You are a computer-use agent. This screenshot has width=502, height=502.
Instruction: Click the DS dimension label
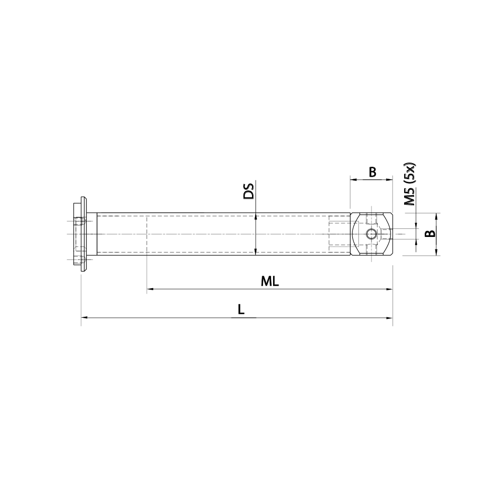(x=248, y=192)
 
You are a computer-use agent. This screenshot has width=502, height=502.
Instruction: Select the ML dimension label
(x=270, y=282)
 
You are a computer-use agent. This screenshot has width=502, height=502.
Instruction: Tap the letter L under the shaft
(x=241, y=310)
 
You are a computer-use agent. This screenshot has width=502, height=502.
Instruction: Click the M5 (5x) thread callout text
(x=410, y=185)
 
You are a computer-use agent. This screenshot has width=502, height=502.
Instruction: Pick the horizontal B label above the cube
(x=372, y=172)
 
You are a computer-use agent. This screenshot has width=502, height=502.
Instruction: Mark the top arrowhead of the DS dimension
(x=256, y=216)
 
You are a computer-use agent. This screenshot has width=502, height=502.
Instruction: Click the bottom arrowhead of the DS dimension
(x=256, y=252)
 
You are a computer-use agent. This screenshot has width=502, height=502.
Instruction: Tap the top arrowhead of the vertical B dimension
(x=436, y=216)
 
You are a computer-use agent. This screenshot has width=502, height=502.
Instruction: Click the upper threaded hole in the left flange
(x=78, y=221)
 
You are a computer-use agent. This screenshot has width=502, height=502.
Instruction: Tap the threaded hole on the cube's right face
(x=387, y=234)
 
